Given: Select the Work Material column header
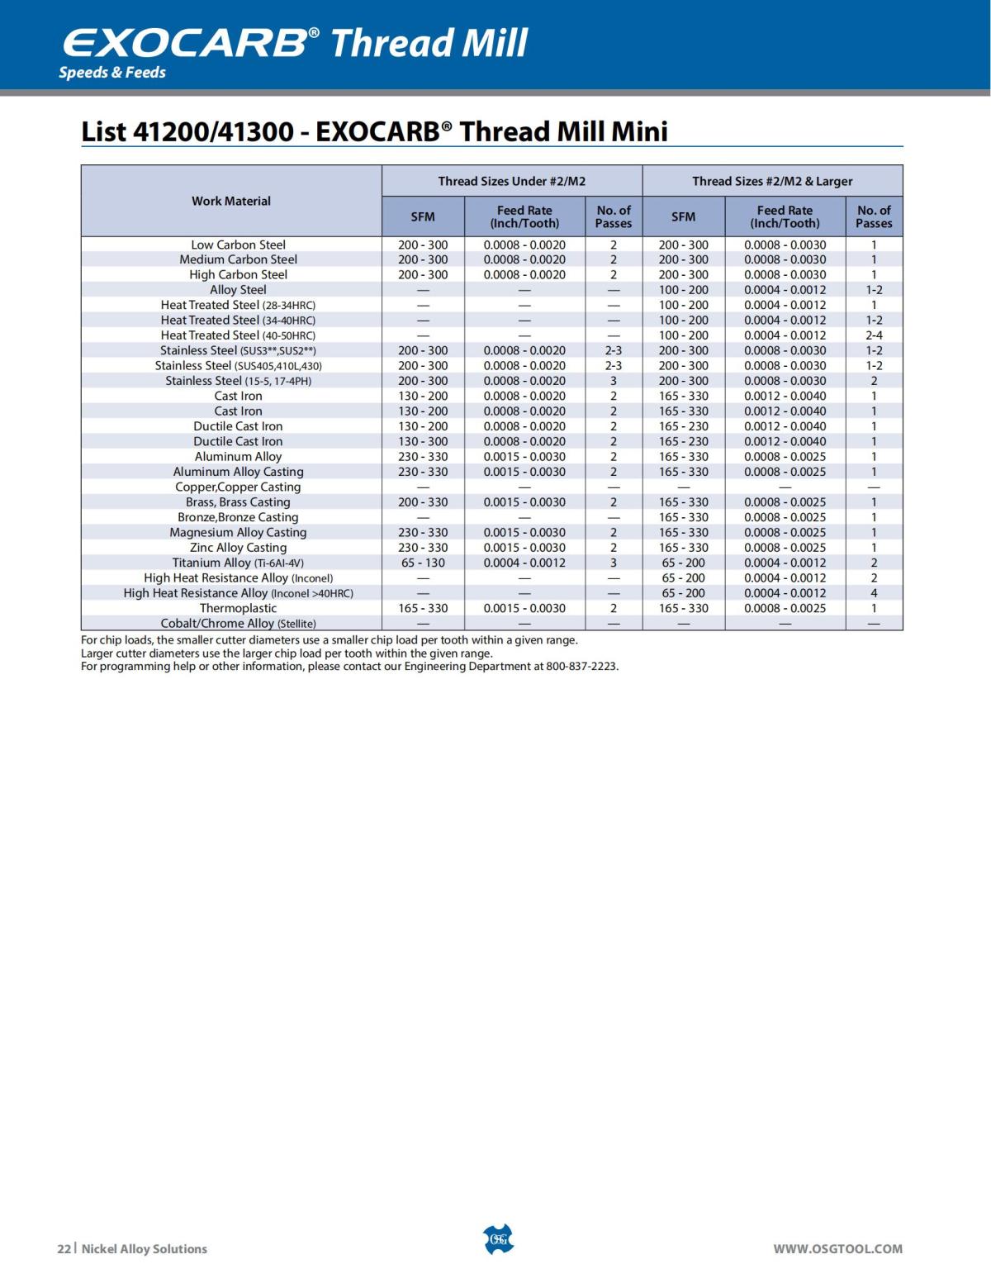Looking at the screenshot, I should coord(231,201).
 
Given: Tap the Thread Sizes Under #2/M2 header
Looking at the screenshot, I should coord(511,181).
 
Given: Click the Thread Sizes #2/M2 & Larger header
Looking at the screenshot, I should coord(772,181).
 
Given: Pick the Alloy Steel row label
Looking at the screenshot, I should coord(238,290).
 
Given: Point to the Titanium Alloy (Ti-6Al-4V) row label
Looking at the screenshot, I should coord(238,563).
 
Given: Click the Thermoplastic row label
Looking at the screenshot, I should coord(238,608).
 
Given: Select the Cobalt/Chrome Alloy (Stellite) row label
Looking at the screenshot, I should coord(238,624).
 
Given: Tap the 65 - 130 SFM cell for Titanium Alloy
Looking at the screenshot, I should coord(423,563).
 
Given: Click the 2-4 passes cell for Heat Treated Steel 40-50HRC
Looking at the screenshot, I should coord(874,335).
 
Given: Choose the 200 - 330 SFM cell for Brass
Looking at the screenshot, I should coord(423,502).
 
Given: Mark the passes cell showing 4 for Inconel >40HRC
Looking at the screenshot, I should coord(874,593).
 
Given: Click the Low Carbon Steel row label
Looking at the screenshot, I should coord(238,245).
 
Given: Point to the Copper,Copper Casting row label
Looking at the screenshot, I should coord(238,487).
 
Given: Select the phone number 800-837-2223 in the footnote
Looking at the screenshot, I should coord(581,667).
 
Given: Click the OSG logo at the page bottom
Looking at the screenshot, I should coord(497,1239).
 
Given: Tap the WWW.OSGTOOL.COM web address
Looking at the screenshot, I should coord(837,1249).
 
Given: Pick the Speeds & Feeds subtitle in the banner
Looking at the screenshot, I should coord(112,73).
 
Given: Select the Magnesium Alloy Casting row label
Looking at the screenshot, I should coord(238,533).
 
